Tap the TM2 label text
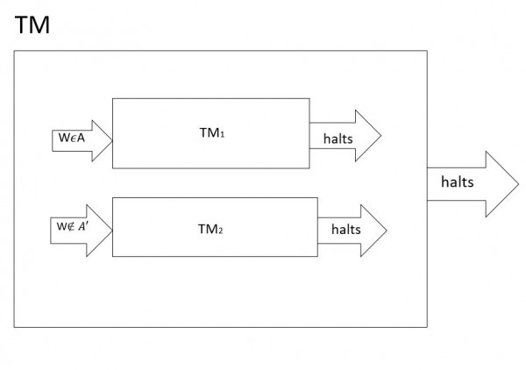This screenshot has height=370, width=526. pos(210,228)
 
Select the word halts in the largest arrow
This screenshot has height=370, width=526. pos(457,182)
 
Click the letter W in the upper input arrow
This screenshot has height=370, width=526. pos(60,137)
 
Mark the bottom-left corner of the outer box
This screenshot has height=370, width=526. pos(14,327)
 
